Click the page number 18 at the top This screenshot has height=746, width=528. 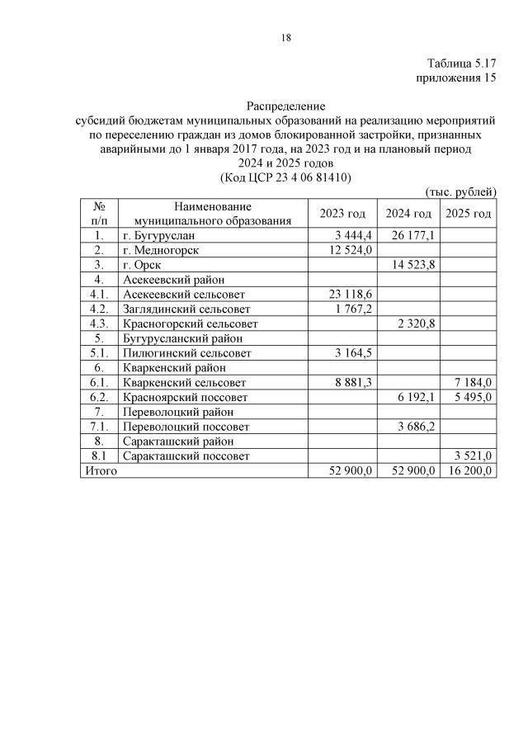[x=285, y=37]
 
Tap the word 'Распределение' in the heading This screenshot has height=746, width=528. [x=286, y=106]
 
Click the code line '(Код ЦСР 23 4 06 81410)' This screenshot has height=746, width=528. [x=286, y=177]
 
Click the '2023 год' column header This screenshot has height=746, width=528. [x=341, y=214]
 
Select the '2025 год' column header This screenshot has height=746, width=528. [x=468, y=214]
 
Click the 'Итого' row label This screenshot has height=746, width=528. [x=98, y=470]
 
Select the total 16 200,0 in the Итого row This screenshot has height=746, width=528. [x=470, y=470]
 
